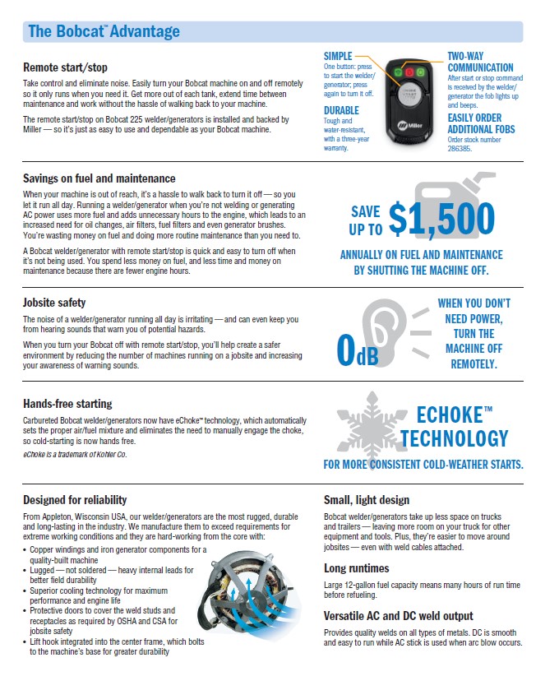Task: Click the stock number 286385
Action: pos(462,147)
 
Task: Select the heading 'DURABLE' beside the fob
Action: pos(341,110)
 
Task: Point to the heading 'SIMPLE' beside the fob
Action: pos(338,55)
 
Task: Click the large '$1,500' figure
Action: pos(441,218)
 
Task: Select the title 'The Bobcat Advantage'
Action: pos(103,32)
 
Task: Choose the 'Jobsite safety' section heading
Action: pos(54,303)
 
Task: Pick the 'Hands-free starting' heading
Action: pos(67,404)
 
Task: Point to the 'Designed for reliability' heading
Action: pos(75,499)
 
